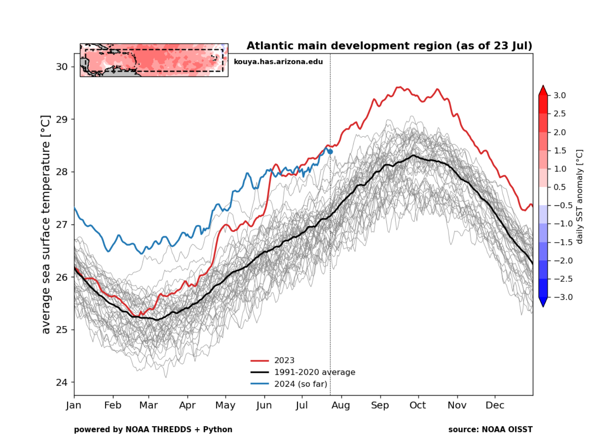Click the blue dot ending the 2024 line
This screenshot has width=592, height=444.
[x=330, y=152]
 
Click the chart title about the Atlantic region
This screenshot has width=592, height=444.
[x=389, y=46]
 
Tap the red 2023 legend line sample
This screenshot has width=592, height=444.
[x=259, y=361]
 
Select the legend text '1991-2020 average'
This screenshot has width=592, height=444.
[x=314, y=372]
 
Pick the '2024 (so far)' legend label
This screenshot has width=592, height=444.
[x=300, y=384]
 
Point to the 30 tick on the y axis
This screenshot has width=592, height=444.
[x=62, y=67]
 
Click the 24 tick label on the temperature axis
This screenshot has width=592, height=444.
[x=62, y=382]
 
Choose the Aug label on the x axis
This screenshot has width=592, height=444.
[x=341, y=405]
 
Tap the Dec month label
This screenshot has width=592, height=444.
[x=495, y=405]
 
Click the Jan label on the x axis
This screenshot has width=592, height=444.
[x=73, y=405]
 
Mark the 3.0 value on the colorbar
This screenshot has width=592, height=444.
[x=559, y=95]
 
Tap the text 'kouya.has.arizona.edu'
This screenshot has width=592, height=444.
[x=278, y=62]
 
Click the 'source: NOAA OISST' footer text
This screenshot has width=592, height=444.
[x=490, y=429]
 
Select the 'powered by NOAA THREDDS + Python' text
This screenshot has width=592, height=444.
[x=153, y=429]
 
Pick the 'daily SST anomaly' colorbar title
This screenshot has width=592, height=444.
[x=580, y=196]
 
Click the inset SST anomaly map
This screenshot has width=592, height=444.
[x=154, y=60]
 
